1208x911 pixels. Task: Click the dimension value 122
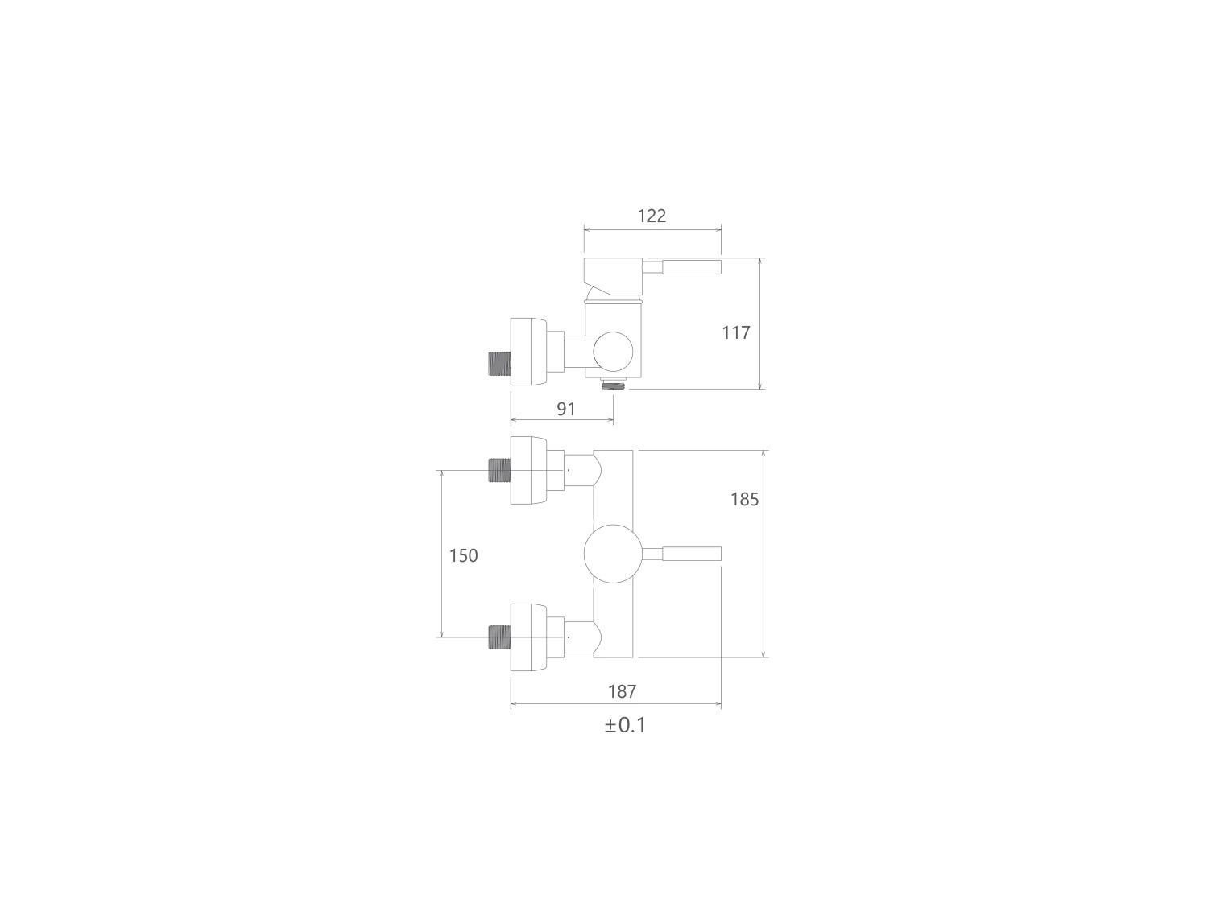[652, 216]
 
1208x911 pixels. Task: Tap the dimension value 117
[736, 332]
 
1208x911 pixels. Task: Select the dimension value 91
[566, 409]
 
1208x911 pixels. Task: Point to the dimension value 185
[745, 499]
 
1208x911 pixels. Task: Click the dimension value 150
[463, 556]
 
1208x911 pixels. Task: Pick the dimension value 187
[622, 691]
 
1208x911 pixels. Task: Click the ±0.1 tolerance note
[625, 725]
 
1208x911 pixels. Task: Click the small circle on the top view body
[613, 352]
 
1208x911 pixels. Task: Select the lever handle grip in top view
[691, 266]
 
